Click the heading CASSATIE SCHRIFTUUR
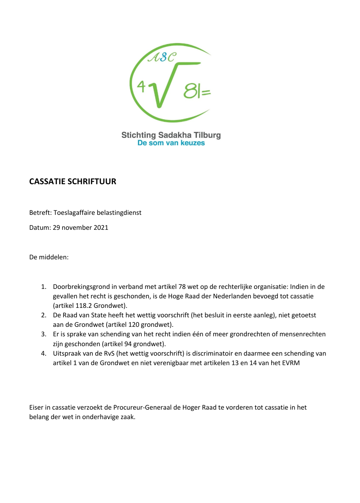(x=73, y=182)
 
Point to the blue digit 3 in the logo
(x=163, y=57)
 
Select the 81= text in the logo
(x=197, y=91)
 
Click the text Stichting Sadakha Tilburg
(x=171, y=135)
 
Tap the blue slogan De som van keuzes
(x=171, y=143)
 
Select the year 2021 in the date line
(x=101, y=228)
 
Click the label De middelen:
(x=49, y=257)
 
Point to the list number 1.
(x=43, y=287)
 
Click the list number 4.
(x=43, y=353)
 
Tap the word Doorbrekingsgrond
(x=81, y=287)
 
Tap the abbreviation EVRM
(x=291, y=363)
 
